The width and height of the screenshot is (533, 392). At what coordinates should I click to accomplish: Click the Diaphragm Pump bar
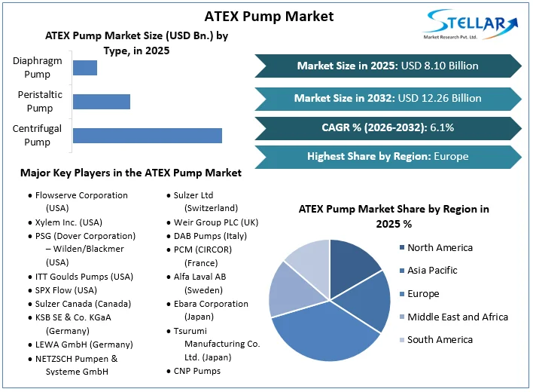coord(85,67)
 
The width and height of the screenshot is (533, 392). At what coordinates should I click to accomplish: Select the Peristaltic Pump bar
coord(102,102)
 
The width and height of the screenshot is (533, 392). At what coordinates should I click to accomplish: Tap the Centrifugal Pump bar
coord(147,136)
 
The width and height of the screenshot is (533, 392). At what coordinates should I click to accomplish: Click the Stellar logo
coord(471,26)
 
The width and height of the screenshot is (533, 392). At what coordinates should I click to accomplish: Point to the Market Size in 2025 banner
coord(387,66)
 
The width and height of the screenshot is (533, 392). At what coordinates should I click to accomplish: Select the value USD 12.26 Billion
coord(440,98)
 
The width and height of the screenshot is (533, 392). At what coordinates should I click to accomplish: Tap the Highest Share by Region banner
coord(387,157)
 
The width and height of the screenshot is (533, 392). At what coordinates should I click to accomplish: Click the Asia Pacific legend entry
coord(432,271)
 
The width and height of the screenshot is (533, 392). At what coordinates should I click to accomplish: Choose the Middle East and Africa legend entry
coord(457,317)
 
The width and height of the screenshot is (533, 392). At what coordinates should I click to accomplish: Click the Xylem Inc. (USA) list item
coord(69,222)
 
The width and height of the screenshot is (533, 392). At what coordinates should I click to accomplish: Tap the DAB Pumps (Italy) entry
coord(210,236)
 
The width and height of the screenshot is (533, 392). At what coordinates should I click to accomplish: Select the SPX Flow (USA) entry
coord(66,290)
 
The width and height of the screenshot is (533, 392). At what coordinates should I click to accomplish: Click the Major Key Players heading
coord(131,173)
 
